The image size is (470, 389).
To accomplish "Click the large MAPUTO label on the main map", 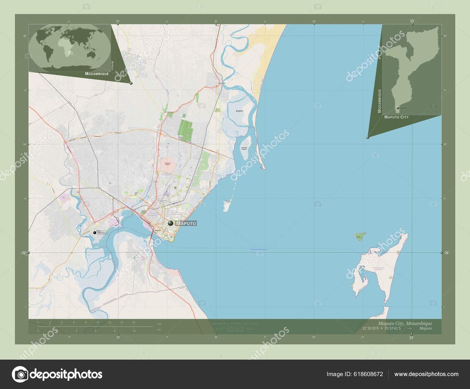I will (186, 224).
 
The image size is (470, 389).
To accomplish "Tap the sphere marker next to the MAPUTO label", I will (171, 223).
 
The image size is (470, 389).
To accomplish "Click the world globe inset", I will (70, 48).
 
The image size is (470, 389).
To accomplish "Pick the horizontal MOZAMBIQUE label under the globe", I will (97, 73).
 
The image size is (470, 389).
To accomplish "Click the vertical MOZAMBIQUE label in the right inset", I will (379, 101).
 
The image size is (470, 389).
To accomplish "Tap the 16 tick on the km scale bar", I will (134, 322).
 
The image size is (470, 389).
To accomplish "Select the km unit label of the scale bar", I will (160, 324).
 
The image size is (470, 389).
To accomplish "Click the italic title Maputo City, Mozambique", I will (405, 323).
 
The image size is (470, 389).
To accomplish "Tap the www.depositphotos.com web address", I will (426, 374).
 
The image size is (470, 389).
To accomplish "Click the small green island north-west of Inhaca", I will (360, 236).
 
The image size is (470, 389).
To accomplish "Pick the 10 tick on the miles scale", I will (134, 331).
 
